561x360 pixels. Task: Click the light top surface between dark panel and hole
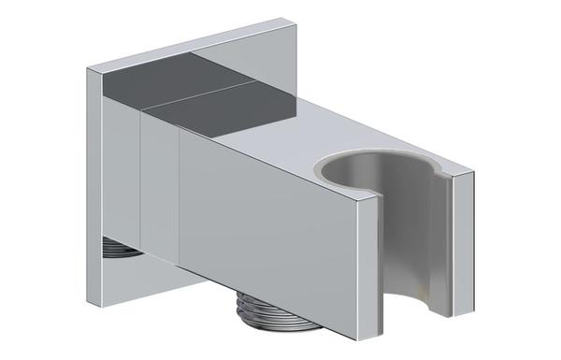[299, 140]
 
